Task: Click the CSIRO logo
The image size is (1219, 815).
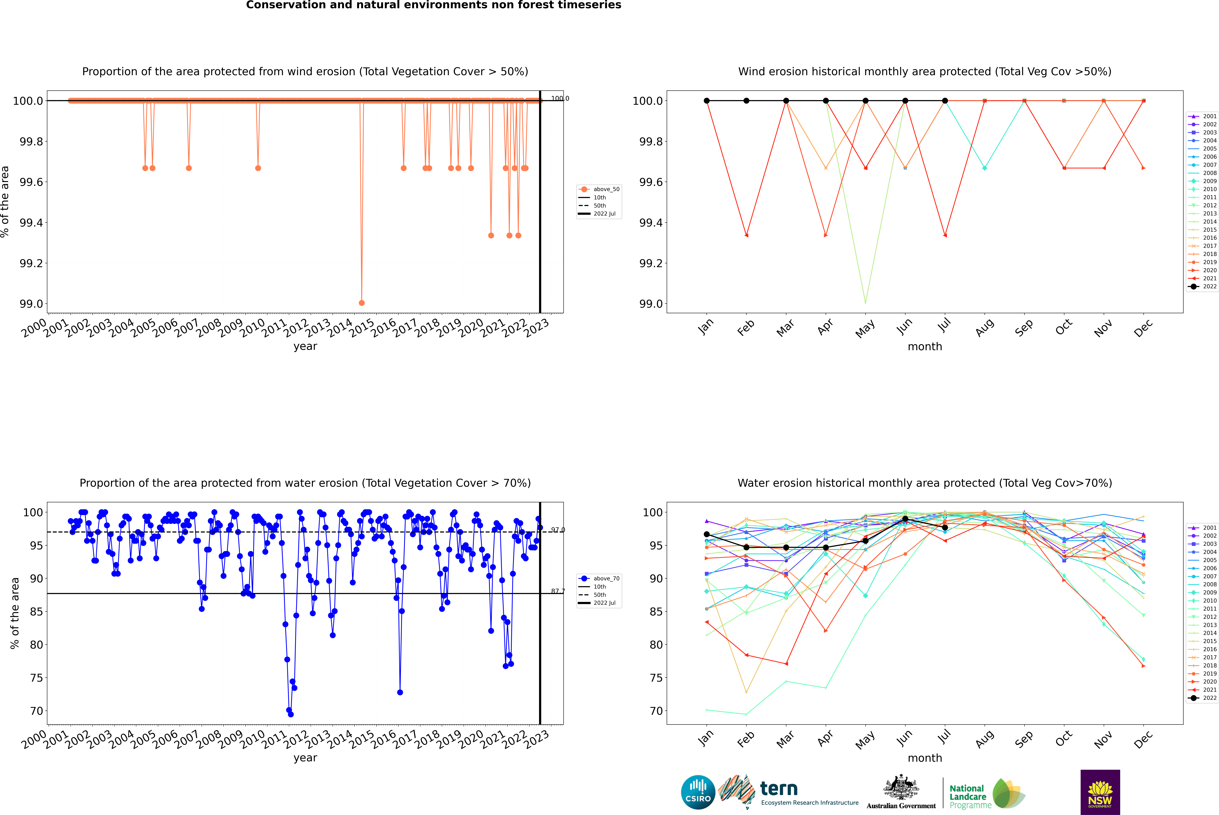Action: [698, 792]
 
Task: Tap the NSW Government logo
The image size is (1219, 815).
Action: [1100, 792]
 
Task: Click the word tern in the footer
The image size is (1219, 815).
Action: [778, 789]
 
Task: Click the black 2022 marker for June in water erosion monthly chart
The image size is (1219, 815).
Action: [905, 519]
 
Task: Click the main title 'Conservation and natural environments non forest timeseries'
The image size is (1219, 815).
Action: [433, 5]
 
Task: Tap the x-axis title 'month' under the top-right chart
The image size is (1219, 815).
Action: [924, 347]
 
